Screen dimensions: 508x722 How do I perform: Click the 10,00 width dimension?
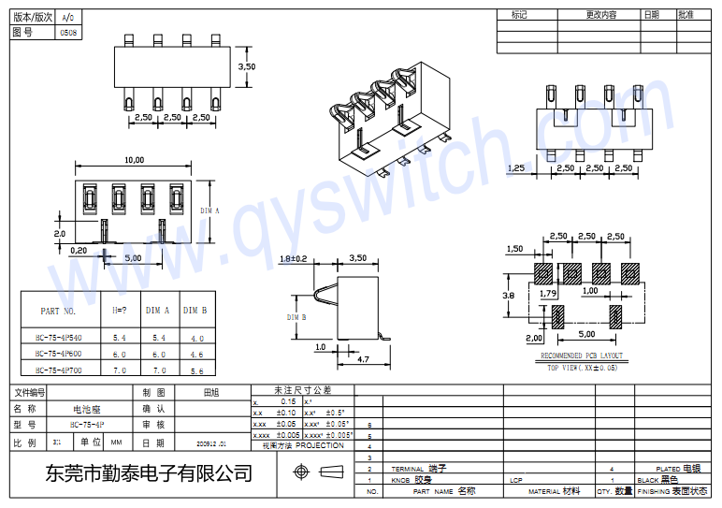tap(134, 159)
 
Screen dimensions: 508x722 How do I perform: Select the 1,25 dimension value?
tap(515, 168)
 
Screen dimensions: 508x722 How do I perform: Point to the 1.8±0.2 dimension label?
tap(293, 257)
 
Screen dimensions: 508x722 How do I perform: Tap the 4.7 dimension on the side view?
tap(365, 358)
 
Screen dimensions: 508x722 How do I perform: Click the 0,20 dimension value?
tap(78, 250)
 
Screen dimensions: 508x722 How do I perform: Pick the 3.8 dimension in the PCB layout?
tap(509, 295)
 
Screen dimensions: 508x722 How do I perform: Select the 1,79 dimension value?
tap(549, 293)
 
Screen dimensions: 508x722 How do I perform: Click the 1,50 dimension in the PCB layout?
tap(514, 249)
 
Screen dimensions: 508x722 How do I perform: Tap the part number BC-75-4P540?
tap(59, 337)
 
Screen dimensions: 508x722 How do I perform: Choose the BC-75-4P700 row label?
tap(59, 370)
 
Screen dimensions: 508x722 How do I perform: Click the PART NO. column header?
tap(64, 311)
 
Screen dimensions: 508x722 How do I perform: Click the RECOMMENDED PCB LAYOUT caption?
tap(582, 356)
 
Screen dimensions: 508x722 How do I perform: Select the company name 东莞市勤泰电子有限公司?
tap(150, 473)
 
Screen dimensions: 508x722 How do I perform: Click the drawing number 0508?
tap(68, 32)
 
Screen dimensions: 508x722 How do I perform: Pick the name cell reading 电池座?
tap(88, 409)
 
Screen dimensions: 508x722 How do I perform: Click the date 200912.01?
tap(211, 443)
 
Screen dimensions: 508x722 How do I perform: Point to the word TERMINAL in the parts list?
tap(407, 469)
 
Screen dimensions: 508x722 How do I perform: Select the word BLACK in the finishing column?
tap(647, 480)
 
